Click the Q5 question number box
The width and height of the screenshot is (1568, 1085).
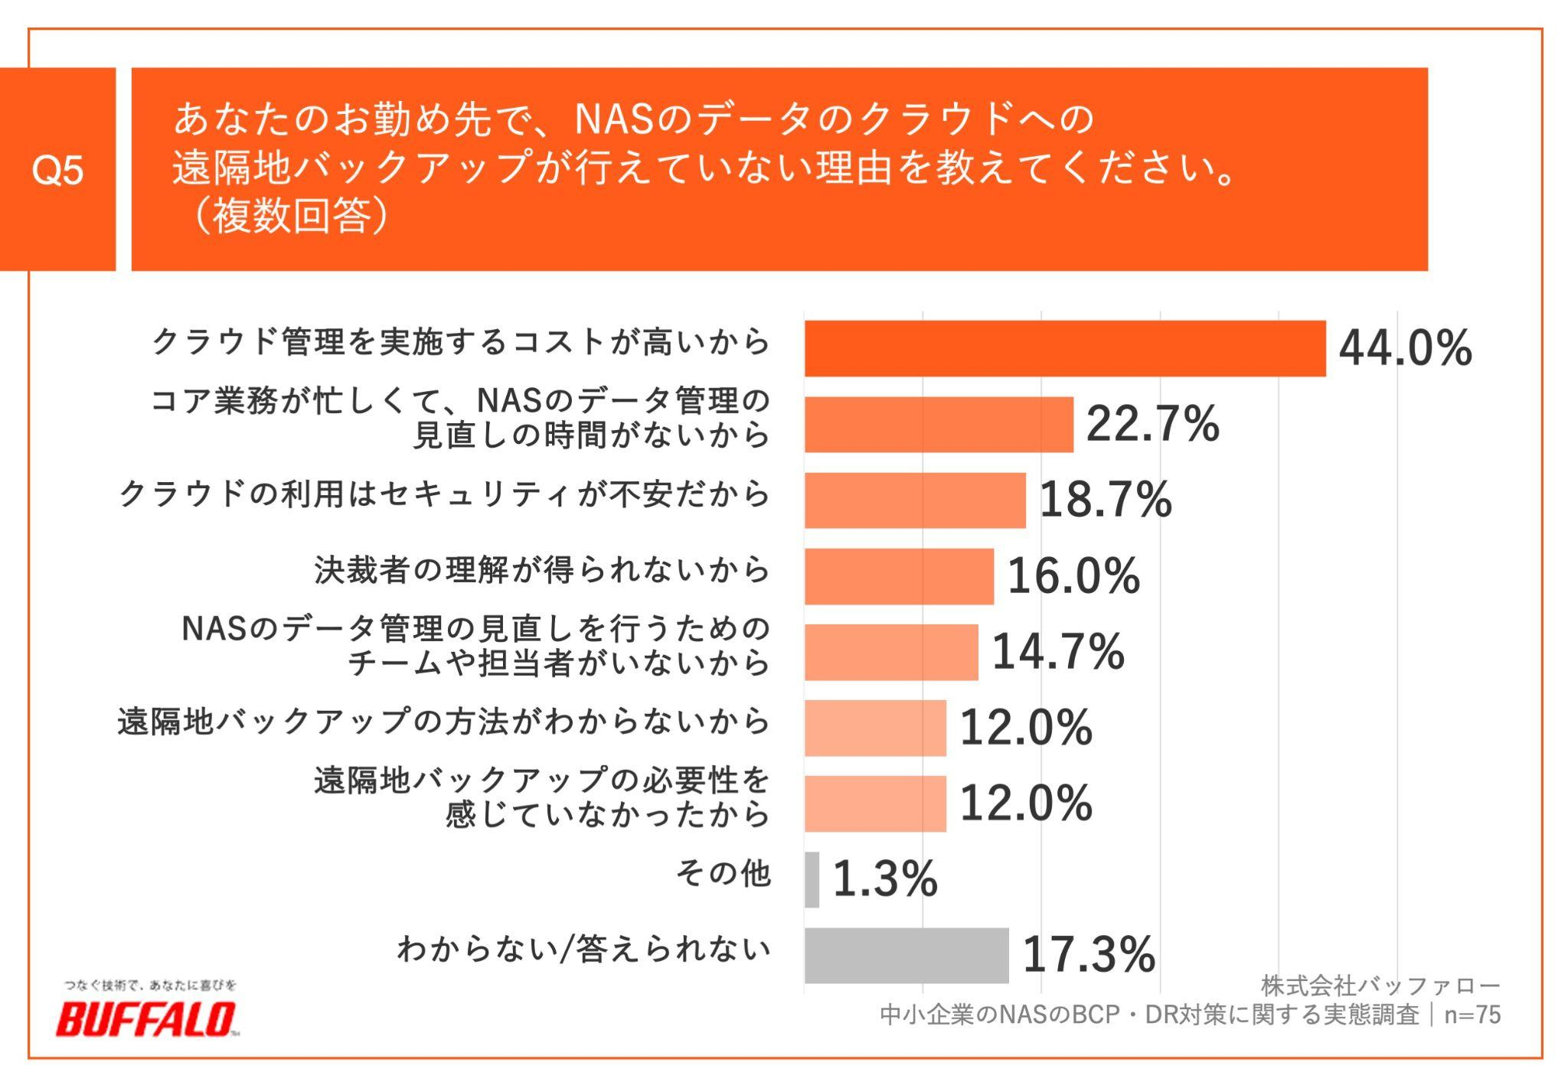point(57,169)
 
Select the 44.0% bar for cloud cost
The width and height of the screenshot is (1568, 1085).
point(1064,348)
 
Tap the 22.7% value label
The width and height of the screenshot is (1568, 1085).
point(1152,423)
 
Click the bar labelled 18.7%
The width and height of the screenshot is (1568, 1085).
point(915,500)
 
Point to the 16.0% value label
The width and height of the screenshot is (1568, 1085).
point(1073,575)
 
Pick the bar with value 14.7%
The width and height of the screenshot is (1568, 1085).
point(891,652)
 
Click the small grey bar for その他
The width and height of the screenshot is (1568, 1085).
point(812,879)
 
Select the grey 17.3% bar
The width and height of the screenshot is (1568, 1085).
point(906,955)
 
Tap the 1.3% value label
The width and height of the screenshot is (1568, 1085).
point(884,878)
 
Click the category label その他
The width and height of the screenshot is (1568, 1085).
point(723,873)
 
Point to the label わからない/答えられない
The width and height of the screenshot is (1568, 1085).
point(583,949)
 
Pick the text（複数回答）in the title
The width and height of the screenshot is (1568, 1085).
point(291,215)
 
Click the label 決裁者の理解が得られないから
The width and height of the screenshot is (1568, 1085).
point(541,570)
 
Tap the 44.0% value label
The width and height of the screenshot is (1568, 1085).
point(1404,348)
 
